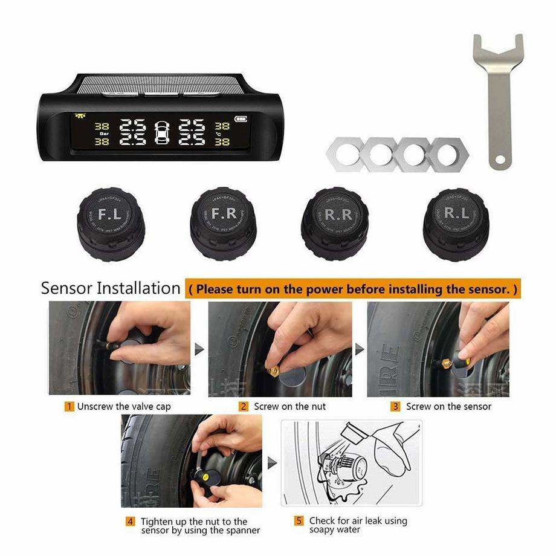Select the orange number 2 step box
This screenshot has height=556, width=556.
point(244,406)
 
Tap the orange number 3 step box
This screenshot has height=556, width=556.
point(395,406)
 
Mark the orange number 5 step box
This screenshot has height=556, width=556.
point(299,521)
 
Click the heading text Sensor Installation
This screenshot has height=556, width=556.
point(111,288)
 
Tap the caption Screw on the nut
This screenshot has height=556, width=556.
point(289,407)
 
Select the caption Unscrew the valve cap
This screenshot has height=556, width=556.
point(124,407)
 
